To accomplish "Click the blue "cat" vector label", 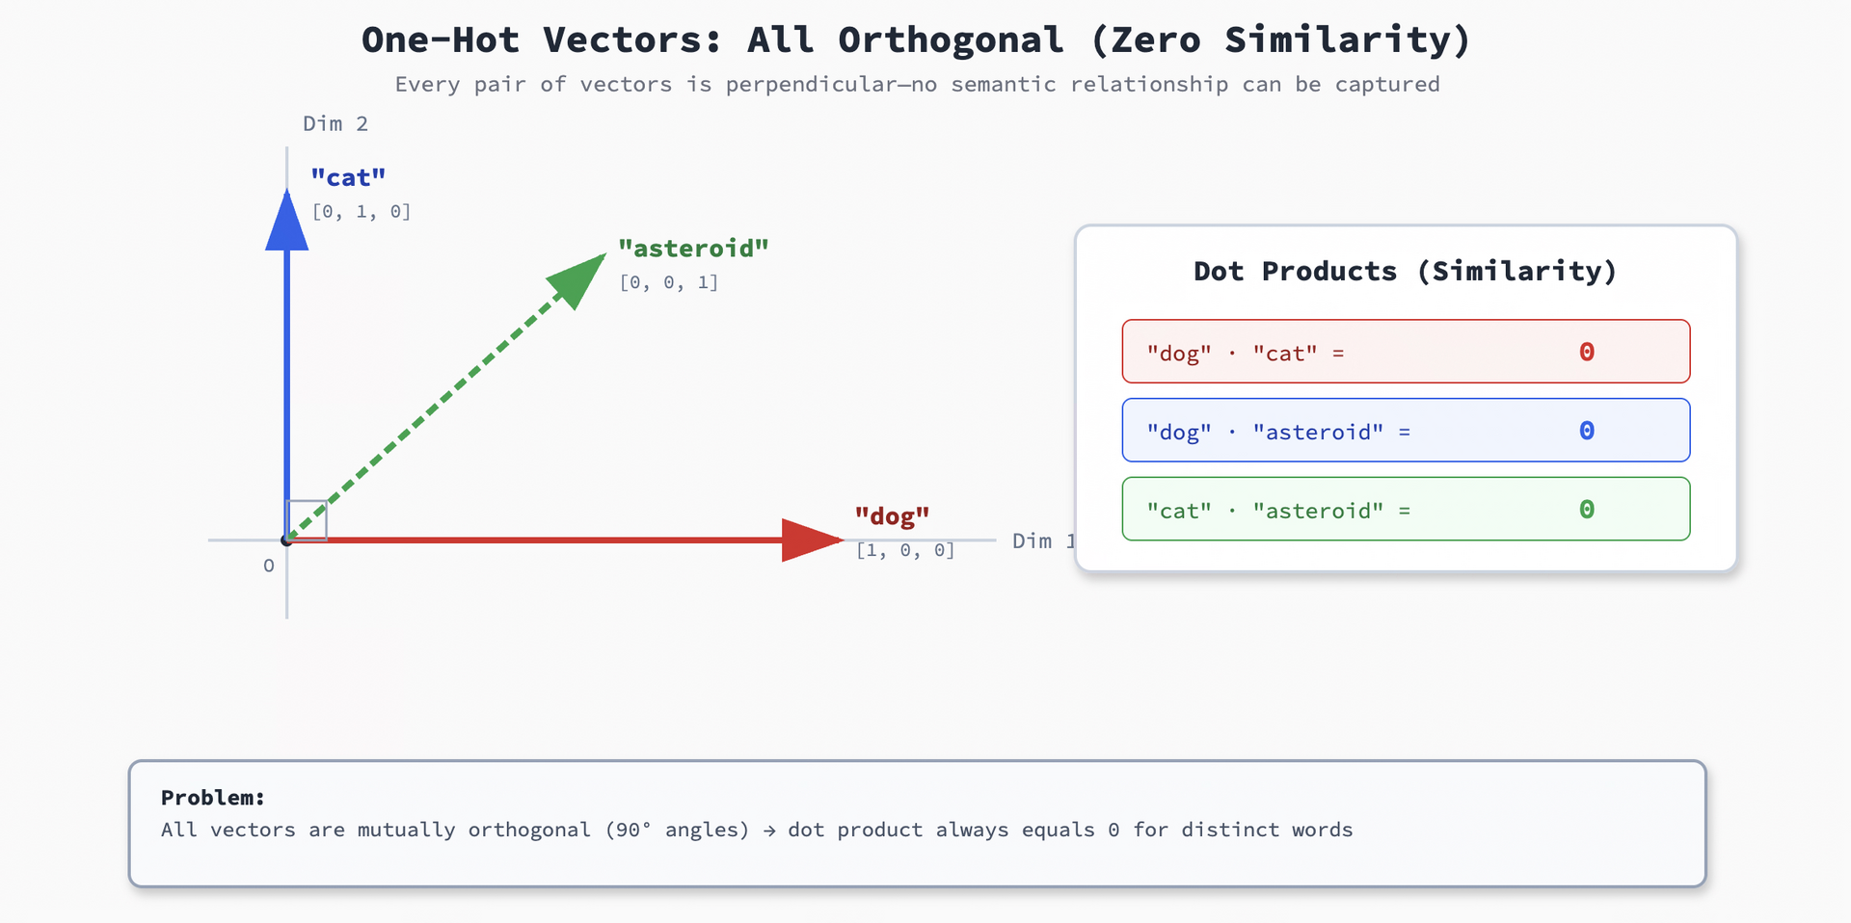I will (348, 178).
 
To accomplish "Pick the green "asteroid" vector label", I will (693, 249).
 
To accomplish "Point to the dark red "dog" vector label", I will (892, 516).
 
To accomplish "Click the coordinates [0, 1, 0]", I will (362, 211).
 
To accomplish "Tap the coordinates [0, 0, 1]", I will (669, 282).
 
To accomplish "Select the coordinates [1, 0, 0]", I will (905, 550).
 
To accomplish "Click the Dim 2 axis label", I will (335, 123).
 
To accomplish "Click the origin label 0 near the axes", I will (269, 567).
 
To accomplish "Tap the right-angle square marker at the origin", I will (308, 520).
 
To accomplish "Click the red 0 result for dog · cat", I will (1586, 352).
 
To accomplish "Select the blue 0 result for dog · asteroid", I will (1586, 431).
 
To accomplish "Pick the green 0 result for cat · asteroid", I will (1586, 510).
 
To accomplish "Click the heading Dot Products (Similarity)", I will (1405, 272).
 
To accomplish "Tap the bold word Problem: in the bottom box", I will (212, 798).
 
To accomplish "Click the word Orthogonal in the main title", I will (951, 40).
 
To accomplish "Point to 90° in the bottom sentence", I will (631, 830).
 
